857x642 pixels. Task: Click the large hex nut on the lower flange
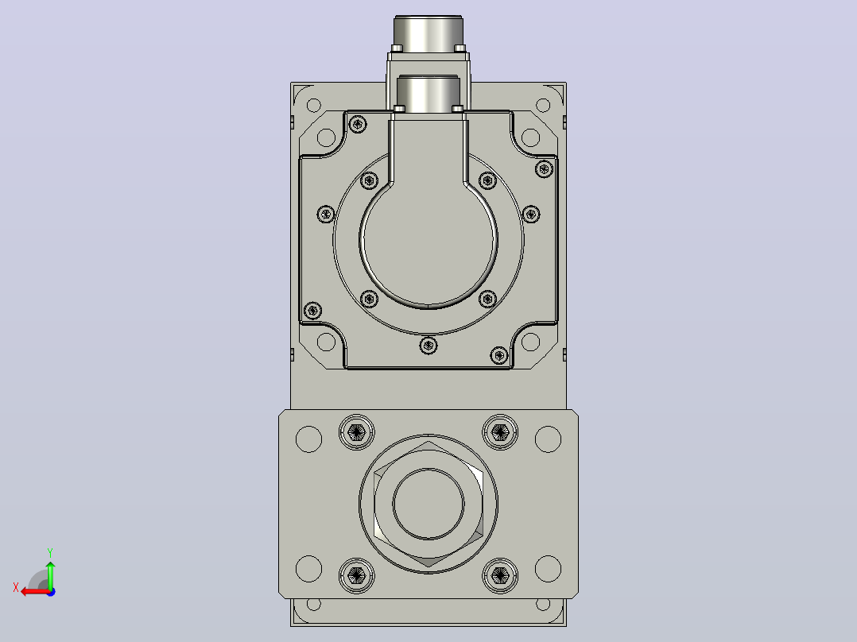coord(428,504)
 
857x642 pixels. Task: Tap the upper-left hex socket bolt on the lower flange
coord(357,433)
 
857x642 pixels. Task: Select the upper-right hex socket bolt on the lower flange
coord(500,433)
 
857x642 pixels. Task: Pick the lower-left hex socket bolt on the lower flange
coord(357,575)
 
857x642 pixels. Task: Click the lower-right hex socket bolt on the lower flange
coord(500,575)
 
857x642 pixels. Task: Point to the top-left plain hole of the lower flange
coord(308,439)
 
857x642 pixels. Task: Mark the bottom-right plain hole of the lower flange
coord(549,568)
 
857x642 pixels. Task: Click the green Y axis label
coord(50,552)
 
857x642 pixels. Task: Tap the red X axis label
coord(16,588)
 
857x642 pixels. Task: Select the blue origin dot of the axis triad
coord(51,592)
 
